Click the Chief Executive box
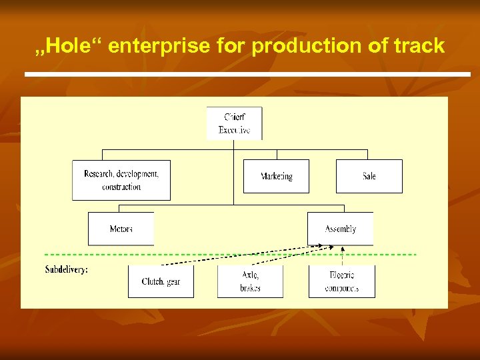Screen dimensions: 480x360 click(234, 123)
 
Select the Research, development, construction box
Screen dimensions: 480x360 click(121, 180)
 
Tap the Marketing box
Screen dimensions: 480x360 click(276, 176)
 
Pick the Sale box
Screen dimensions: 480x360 click(369, 176)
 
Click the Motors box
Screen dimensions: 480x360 click(121, 229)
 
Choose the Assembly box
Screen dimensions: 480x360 click(340, 229)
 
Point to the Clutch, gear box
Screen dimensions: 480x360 click(161, 281)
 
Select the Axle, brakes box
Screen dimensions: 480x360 click(250, 281)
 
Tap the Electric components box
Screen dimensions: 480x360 click(341, 281)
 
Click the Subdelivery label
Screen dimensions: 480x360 click(66, 269)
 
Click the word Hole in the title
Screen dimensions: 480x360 click(66, 46)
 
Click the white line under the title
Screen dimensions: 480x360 click(247, 73)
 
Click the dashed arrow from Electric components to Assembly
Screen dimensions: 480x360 click(342, 256)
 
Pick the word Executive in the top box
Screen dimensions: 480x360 click(234, 130)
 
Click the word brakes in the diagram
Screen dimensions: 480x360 click(250, 288)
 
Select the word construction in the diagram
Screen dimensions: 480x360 click(121, 187)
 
